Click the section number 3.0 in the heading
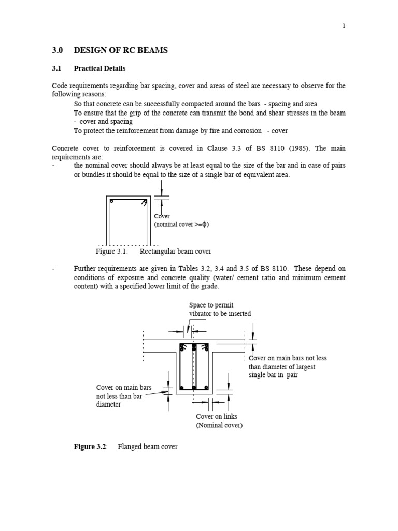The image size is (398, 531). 57,50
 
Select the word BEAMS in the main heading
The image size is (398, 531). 151,50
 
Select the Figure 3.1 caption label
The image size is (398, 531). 111,251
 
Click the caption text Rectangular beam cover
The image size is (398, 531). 176,251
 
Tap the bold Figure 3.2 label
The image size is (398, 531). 90,446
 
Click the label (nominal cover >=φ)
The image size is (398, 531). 181,225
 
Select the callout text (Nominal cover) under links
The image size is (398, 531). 219,425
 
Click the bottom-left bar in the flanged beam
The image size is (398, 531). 182,388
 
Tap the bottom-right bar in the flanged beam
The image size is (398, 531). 206,388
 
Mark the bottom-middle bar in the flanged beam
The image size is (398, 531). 194,388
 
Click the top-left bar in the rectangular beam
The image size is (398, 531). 111,200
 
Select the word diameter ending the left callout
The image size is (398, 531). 108,404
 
